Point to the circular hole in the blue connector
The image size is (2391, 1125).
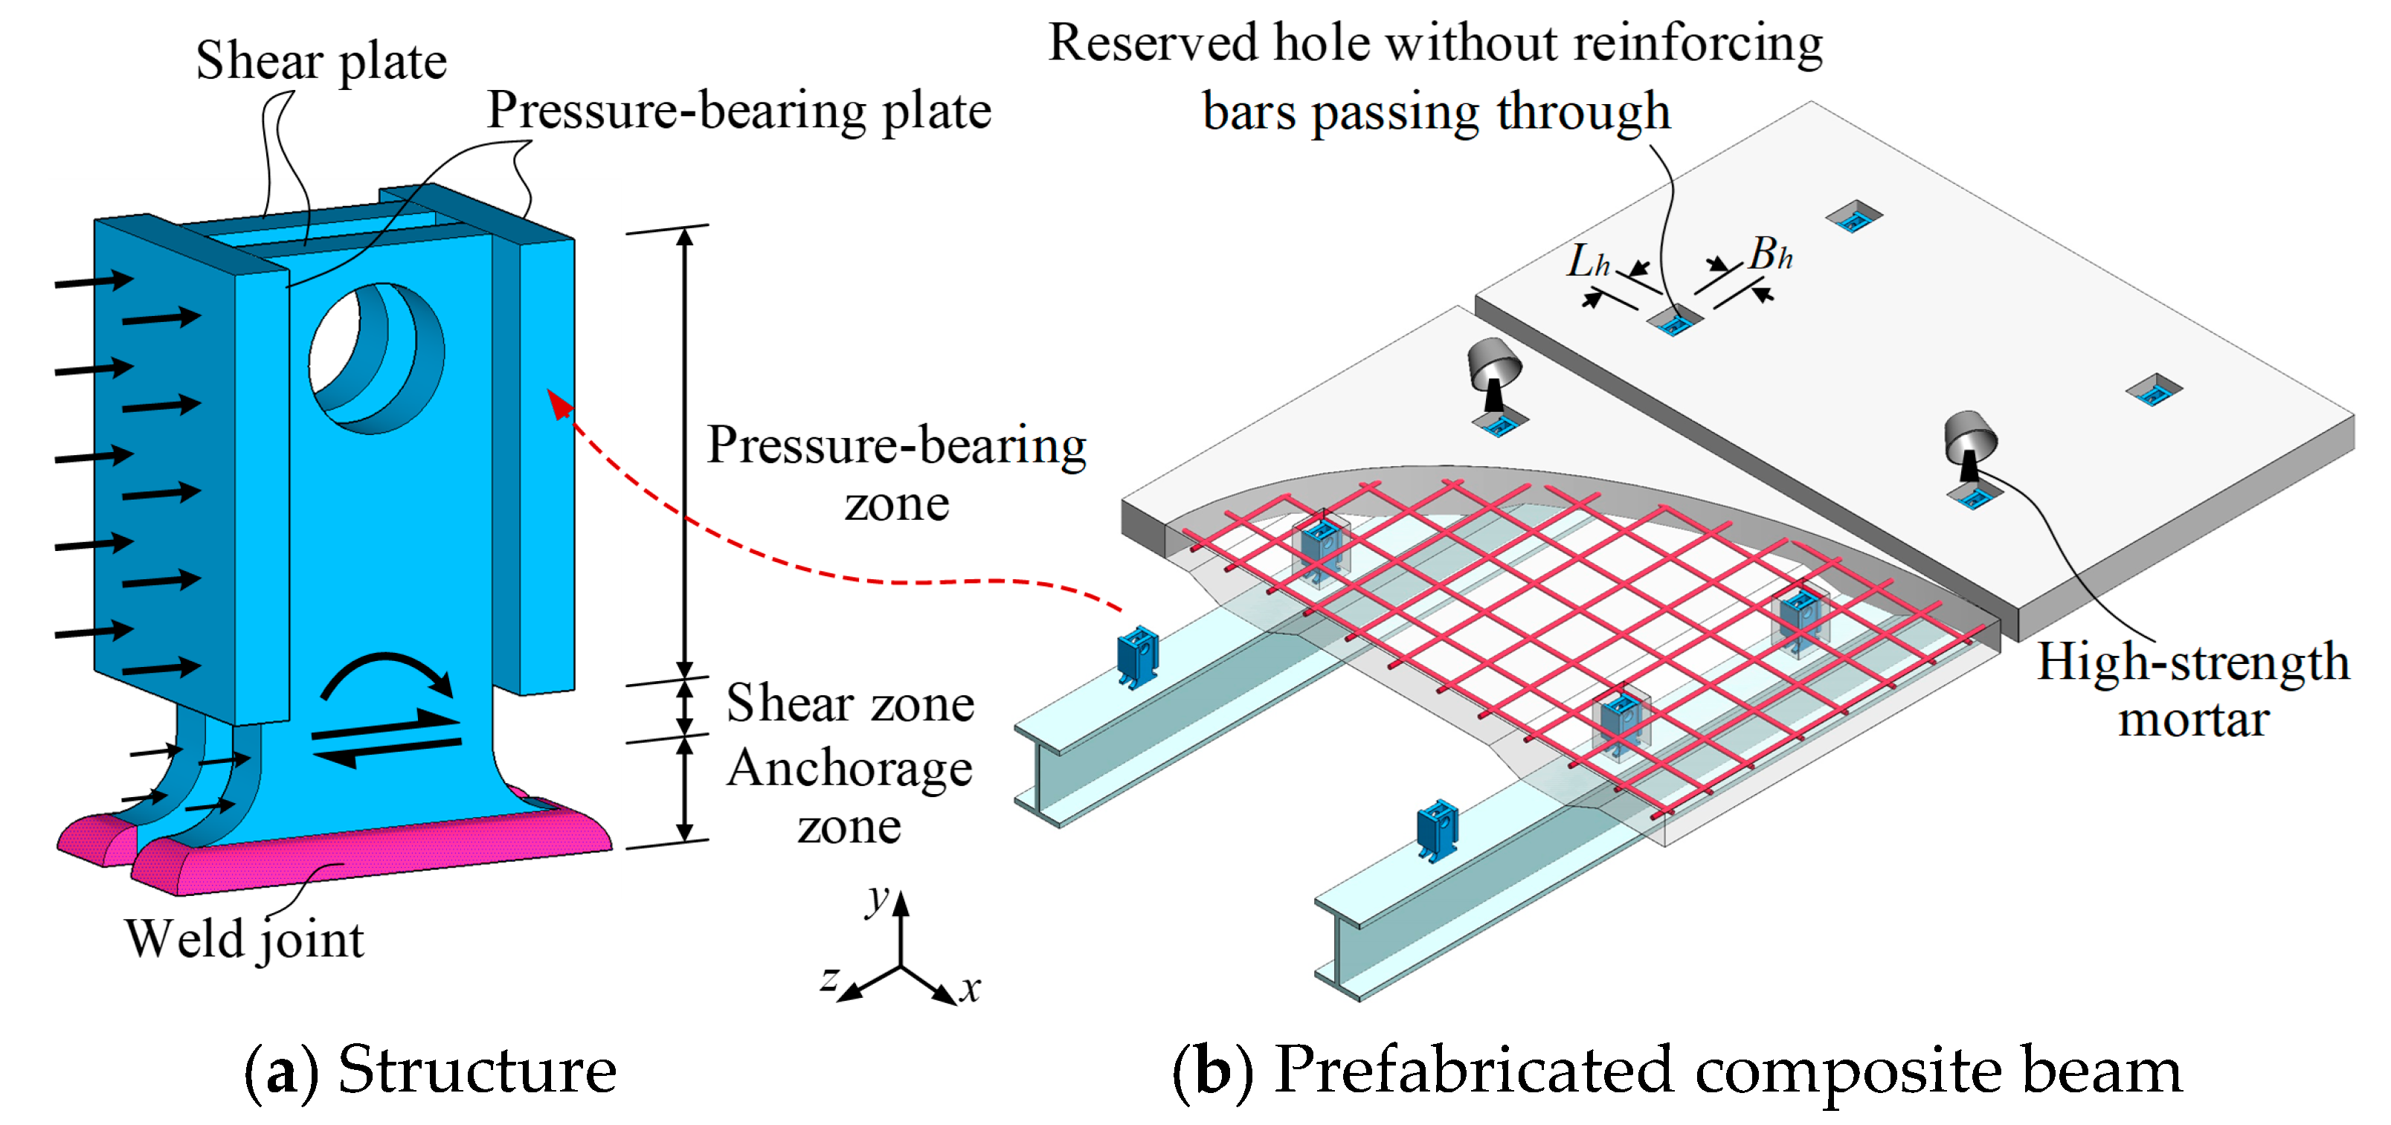click(376, 358)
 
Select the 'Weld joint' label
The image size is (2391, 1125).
click(244, 939)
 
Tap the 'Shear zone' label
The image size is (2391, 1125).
click(849, 703)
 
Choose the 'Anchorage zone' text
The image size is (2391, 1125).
click(849, 796)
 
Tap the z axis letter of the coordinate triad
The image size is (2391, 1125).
click(829, 978)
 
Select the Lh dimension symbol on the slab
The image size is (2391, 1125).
click(1588, 262)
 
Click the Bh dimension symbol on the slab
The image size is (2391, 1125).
click(1770, 254)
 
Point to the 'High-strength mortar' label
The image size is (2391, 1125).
click(2192, 690)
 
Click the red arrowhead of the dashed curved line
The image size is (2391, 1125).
click(559, 404)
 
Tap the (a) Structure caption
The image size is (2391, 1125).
click(431, 1070)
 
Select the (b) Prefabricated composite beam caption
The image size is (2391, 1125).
click(1676, 1070)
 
